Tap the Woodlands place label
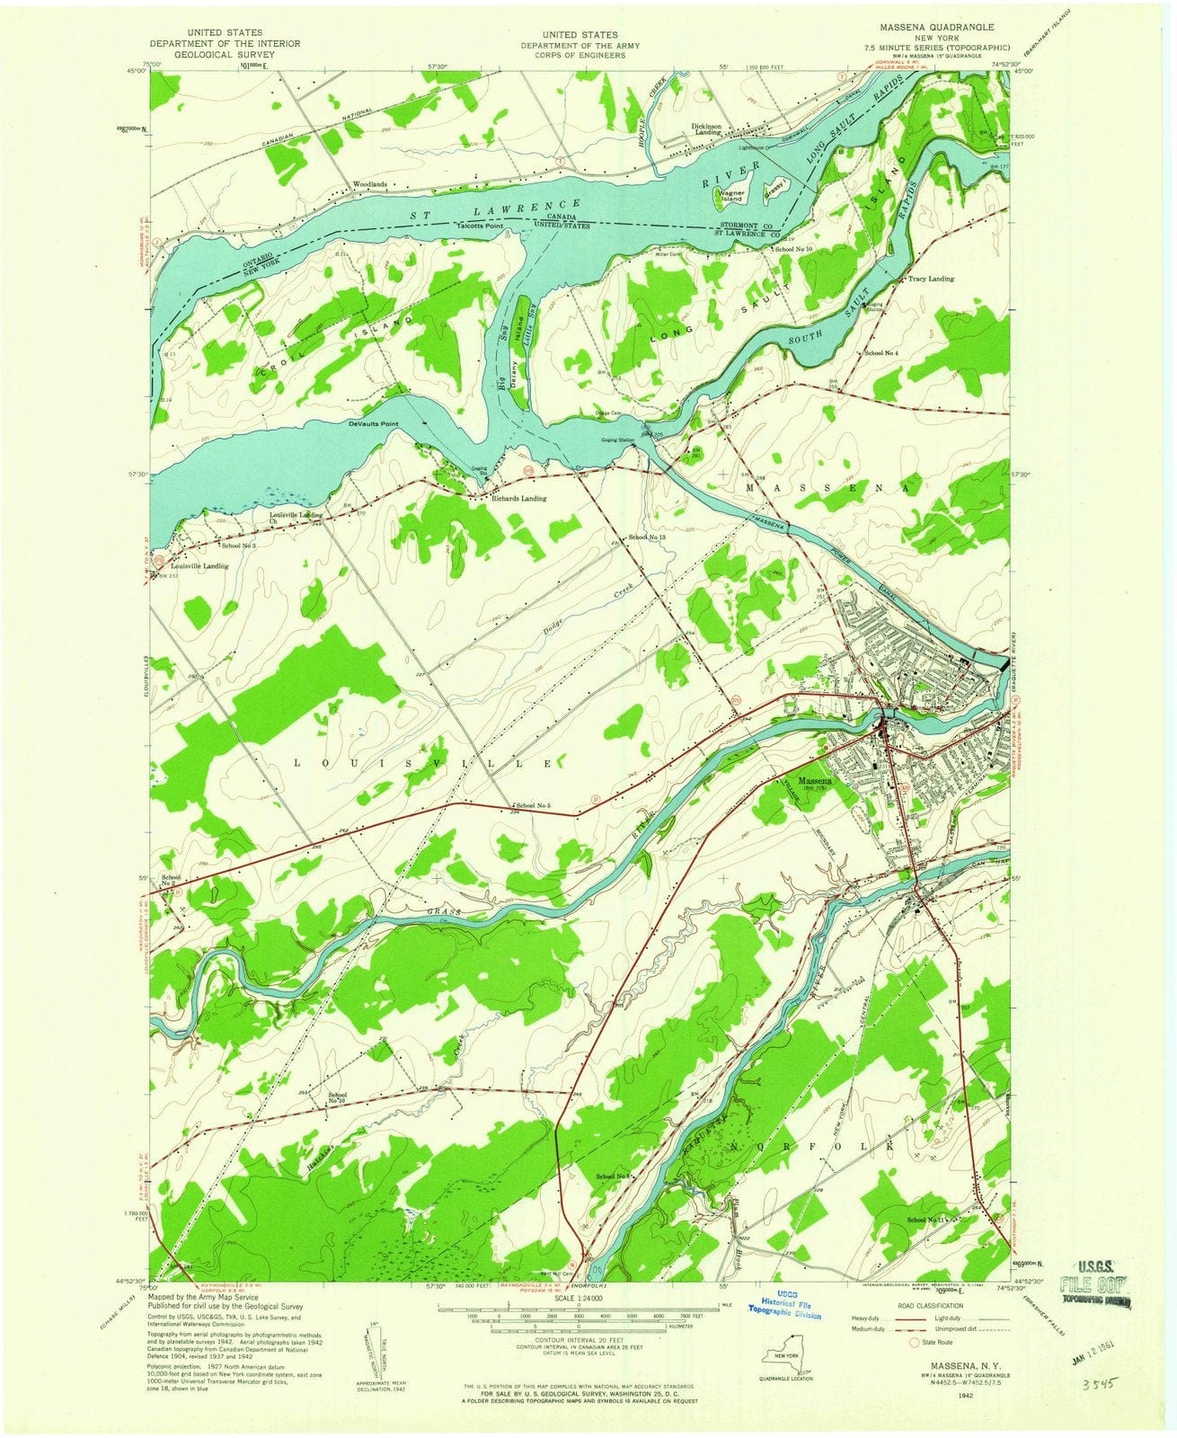pos(370,184)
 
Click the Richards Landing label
pos(518,497)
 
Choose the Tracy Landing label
pos(931,279)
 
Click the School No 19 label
pos(338,1096)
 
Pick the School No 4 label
pos(881,353)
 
